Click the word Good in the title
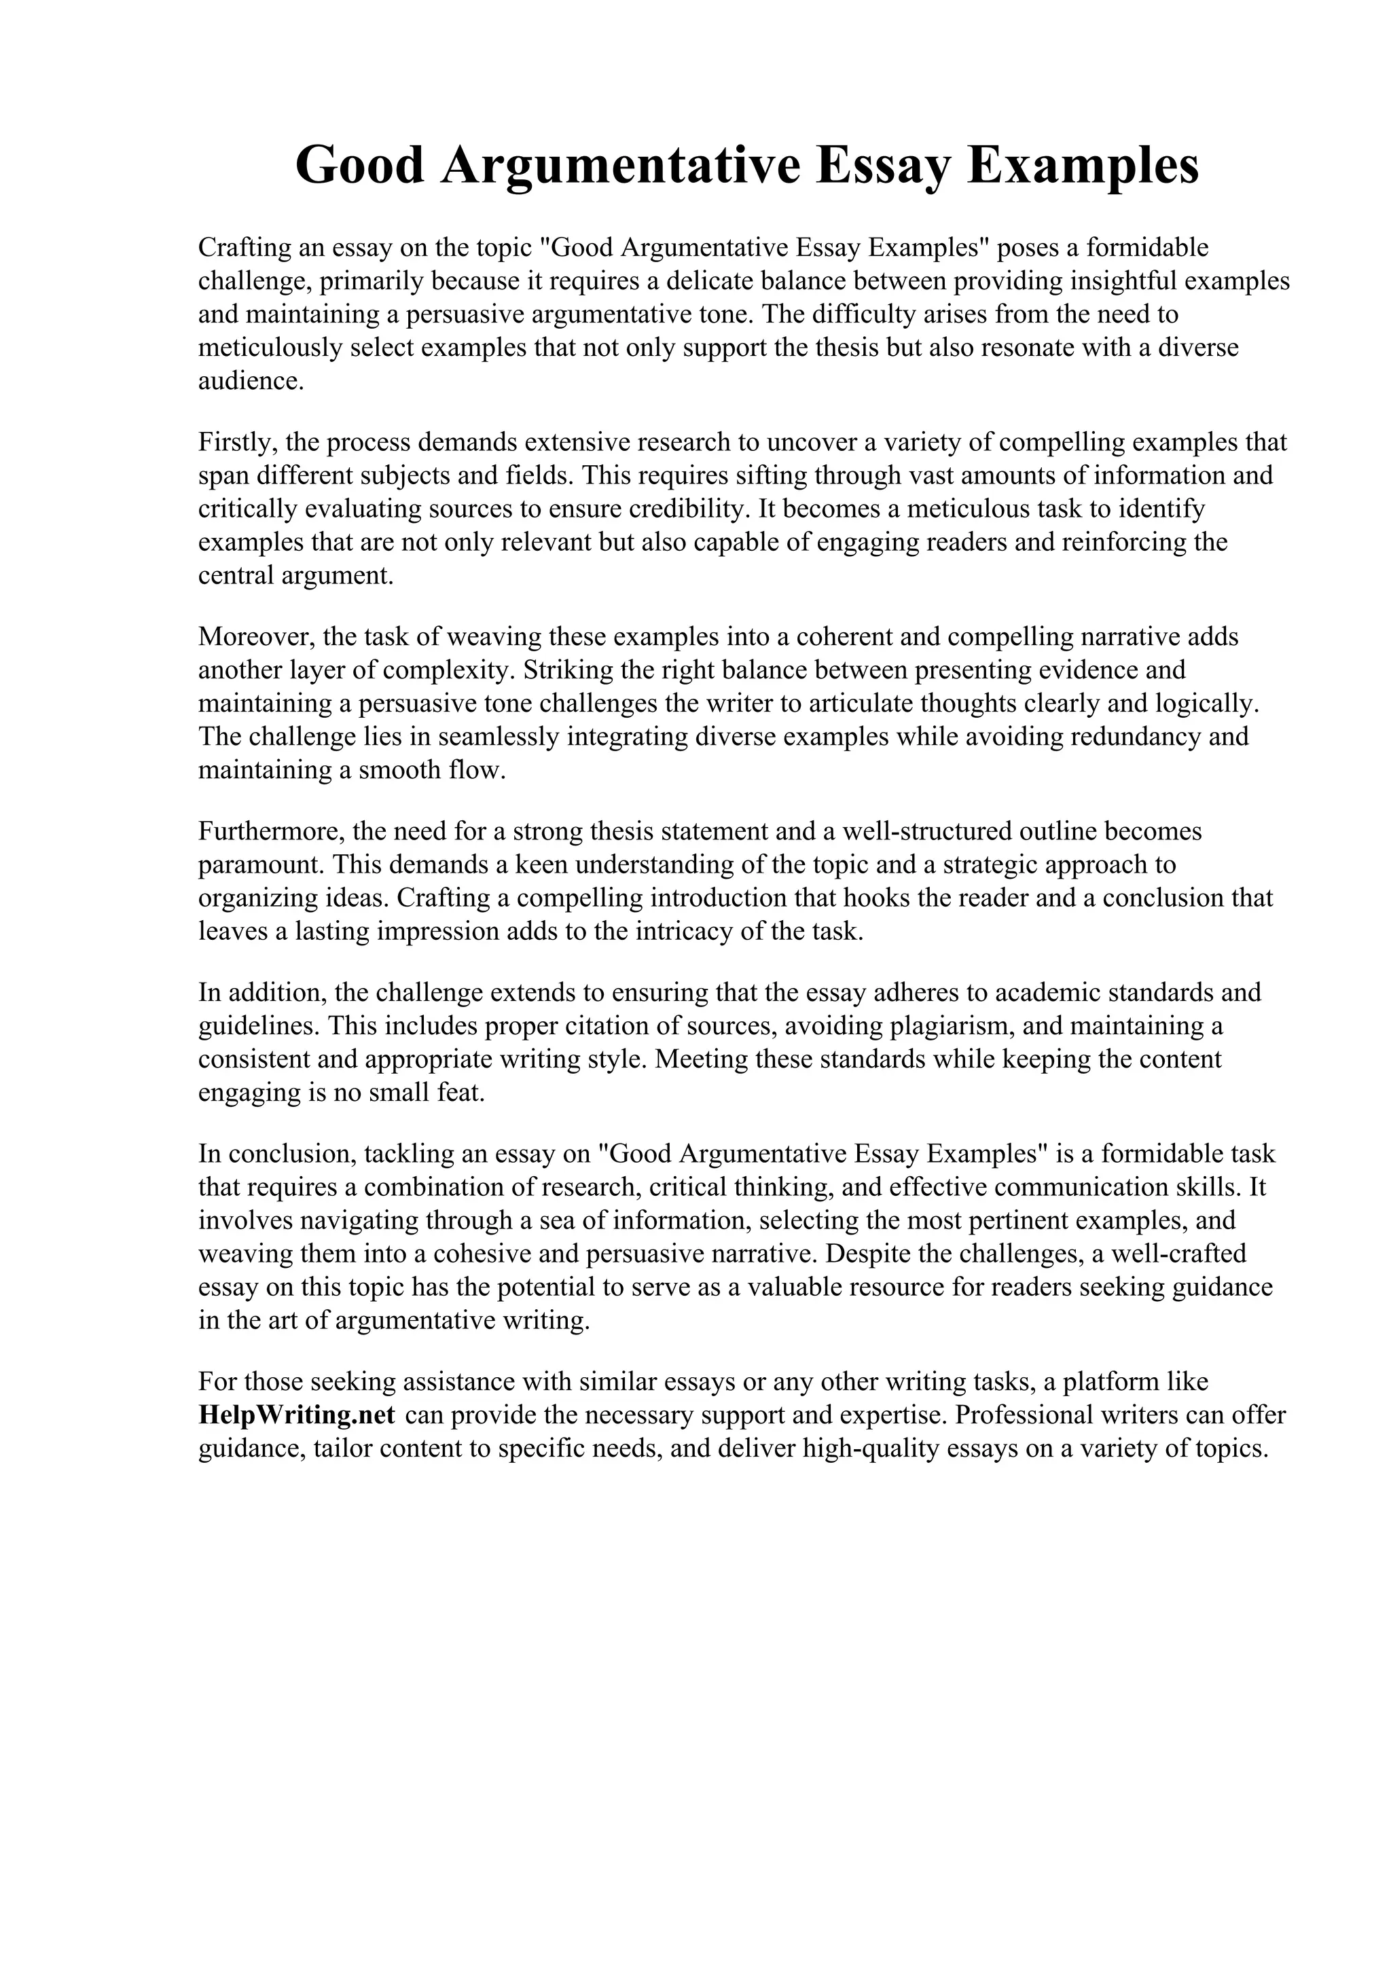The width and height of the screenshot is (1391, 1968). (x=360, y=166)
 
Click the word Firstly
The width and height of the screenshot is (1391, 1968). (x=238, y=442)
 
